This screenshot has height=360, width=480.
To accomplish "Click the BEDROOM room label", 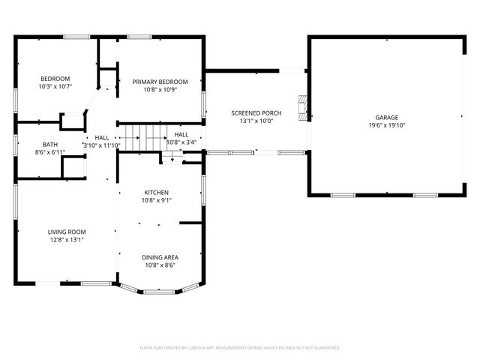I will point(55,79).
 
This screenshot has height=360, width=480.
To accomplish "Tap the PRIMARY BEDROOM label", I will point(160,82).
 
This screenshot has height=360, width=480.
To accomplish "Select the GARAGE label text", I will point(387,118).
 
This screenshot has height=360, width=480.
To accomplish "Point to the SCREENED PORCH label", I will point(256,112).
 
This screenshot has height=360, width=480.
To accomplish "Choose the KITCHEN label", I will point(157,192).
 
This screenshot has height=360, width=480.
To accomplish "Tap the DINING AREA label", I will point(160,257).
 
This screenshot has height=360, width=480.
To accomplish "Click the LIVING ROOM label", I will point(67,232).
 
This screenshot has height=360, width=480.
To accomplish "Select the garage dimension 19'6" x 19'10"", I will point(387,126).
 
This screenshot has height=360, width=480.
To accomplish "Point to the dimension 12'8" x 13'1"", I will point(67,240).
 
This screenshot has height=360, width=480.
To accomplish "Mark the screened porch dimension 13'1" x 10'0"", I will point(256,121).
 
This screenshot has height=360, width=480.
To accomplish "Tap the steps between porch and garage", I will point(302,107).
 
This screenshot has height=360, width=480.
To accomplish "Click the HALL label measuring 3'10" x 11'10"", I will point(102,137).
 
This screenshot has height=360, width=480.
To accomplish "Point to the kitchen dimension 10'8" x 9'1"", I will point(157,200).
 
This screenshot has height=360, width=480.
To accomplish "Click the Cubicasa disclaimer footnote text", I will point(240,348).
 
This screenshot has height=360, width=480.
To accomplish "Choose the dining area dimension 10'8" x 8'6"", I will point(160,265).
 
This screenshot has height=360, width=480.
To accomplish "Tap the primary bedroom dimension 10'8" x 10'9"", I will point(160,90).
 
